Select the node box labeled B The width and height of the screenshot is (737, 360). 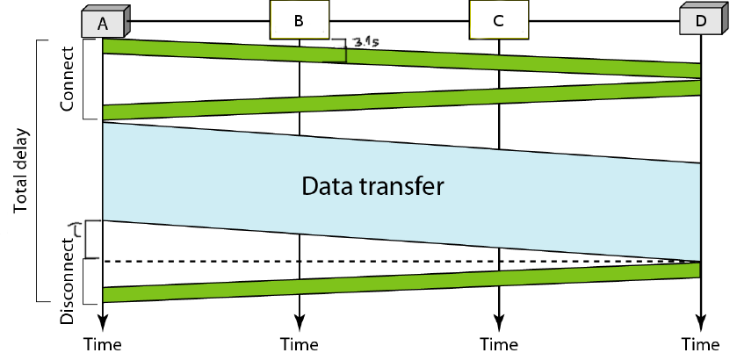[x=300, y=19]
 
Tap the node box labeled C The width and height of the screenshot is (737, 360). [x=498, y=19]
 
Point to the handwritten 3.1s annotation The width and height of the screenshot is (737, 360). [x=364, y=41]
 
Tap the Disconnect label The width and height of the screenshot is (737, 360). [x=68, y=278]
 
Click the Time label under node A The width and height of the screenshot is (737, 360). [x=103, y=343]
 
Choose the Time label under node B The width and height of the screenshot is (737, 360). [x=300, y=343]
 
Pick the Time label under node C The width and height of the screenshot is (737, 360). [x=499, y=343]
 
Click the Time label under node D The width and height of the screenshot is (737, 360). [x=700, y=343]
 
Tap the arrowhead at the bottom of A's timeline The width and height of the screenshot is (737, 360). [x=103, y=320]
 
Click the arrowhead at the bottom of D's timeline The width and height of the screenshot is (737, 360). [x=700, y=320]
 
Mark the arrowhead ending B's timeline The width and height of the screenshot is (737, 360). [x=300, y=320]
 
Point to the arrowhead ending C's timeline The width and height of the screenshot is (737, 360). [x=499, y=320]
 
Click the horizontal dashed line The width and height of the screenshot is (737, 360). [x=395, y=262]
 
